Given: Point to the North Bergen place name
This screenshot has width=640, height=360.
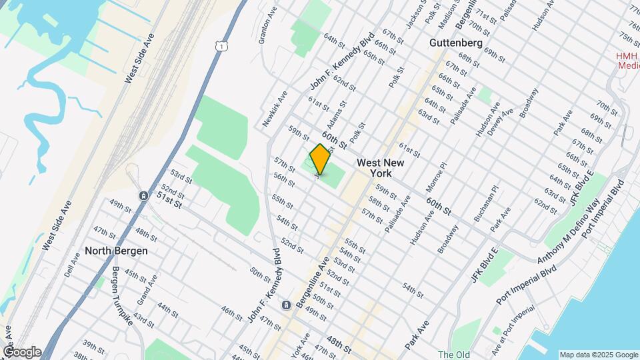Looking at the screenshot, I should tap(116, 251).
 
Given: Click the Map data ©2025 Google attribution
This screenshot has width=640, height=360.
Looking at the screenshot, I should tap(598, 355).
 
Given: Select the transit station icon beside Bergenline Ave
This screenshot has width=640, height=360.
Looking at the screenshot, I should tap(286, 305).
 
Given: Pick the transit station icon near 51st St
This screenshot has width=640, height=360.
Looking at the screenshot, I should tap(143, 195).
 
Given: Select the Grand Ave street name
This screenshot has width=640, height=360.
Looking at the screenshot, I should tap(146, 288).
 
